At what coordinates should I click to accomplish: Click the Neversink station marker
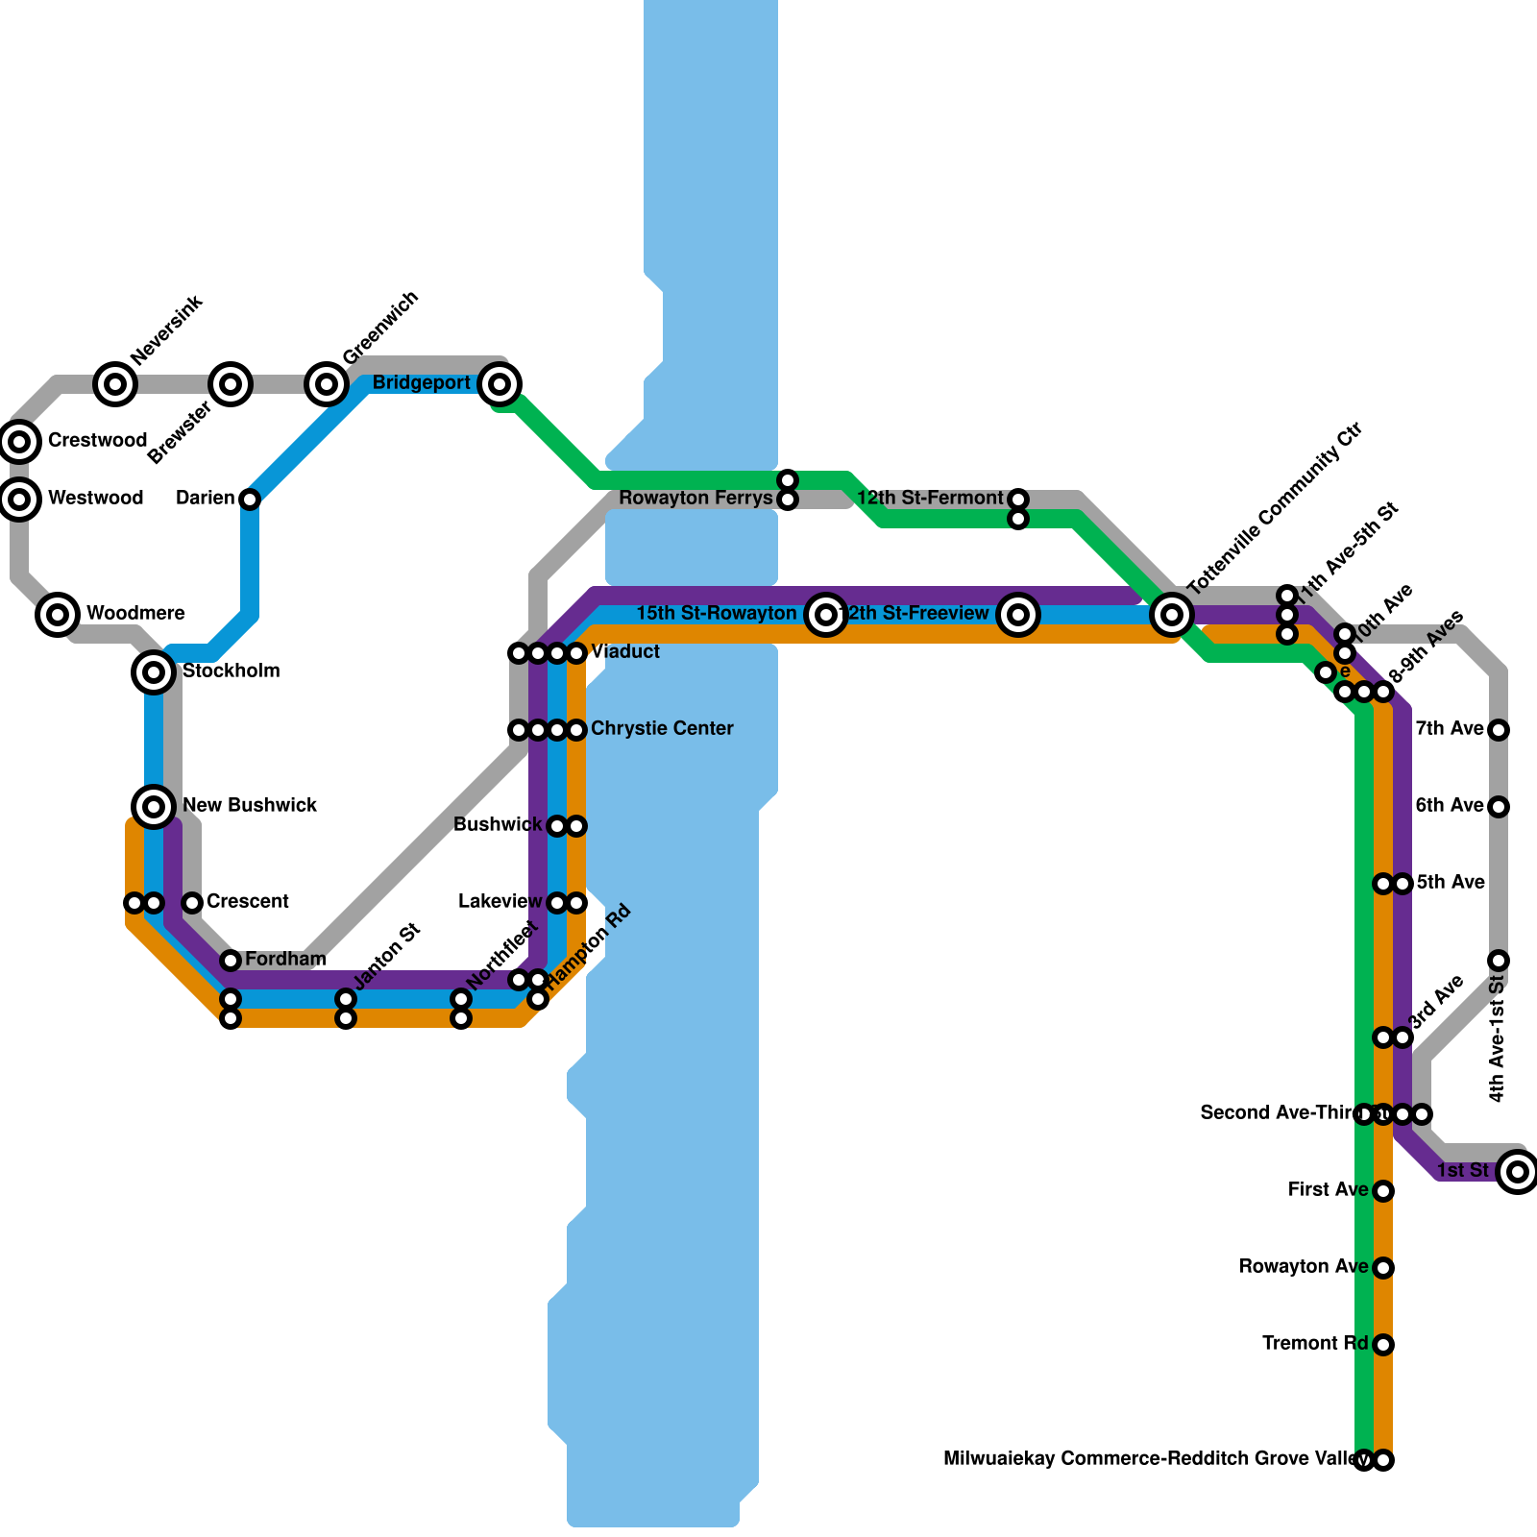115,384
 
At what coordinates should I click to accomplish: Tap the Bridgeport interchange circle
500,384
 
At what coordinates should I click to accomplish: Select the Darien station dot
250,500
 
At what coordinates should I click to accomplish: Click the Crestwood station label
97,441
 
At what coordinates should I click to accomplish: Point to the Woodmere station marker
58,615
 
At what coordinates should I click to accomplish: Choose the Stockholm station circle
154,672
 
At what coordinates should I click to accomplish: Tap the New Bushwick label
250,806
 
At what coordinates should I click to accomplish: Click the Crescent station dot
192,903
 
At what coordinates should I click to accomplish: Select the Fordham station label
285,960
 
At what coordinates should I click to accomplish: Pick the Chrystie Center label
662,729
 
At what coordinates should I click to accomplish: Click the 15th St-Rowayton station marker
826,615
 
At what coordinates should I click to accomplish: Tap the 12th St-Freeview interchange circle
1018,615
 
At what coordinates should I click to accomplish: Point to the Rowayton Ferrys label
695,499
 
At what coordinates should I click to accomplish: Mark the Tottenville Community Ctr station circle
1172,615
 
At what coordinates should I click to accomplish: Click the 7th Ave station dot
1499,730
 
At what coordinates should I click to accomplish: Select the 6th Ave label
1450,806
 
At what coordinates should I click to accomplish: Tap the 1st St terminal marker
1518,1172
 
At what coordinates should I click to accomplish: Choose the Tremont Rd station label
1314,1344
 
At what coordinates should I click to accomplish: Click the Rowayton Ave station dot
1383,1268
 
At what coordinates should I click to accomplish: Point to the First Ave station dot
1383,1191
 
